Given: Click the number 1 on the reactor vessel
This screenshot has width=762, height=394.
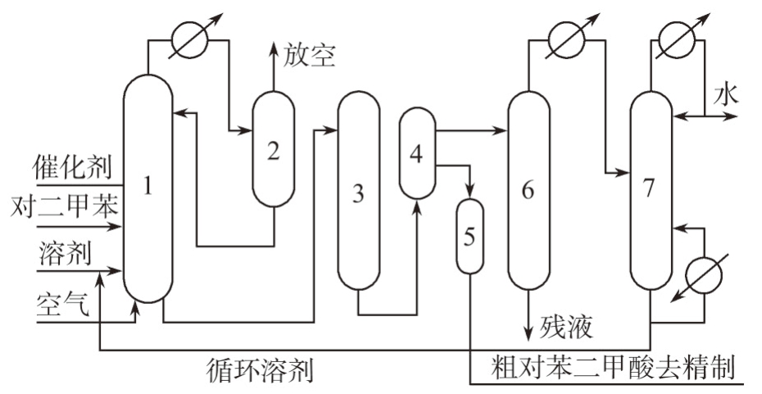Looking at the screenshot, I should (x=148, y=187).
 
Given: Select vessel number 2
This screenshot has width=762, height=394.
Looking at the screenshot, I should (x=273, y=150).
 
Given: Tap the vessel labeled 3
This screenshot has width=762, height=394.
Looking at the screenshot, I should (x=357, y=193).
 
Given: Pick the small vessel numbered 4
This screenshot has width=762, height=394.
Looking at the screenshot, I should (x=416, y=152).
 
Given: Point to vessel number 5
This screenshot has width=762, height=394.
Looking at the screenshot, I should (x=469, y=236).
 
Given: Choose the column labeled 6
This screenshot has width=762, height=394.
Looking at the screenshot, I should (x=527, y=190).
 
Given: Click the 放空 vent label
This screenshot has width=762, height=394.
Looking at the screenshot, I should (x=309, y=56).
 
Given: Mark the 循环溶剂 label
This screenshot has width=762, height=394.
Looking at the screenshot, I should (x=259, y=371).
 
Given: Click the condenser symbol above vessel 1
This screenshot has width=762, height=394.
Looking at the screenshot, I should (x=184, y=40).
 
